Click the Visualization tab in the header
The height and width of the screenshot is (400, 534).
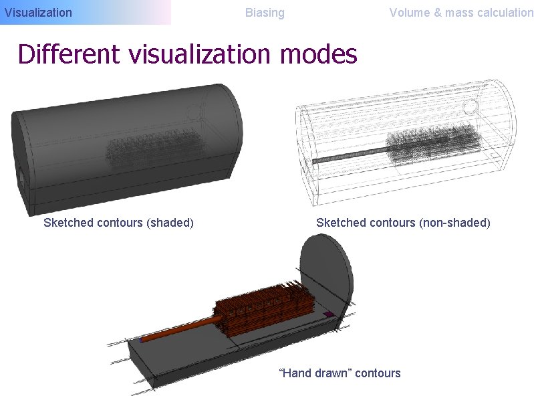tap(38, 12)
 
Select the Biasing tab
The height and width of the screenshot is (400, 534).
tap(265, 12)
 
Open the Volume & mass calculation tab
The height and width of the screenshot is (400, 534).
tap(461, 12)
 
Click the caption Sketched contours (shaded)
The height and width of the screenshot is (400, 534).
tap(118, 222)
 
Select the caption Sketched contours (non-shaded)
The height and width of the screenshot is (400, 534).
tap(403, 222)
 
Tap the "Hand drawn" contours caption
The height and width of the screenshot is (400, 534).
tap(339, 373)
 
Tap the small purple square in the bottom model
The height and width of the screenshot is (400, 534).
tap(327, 314)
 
